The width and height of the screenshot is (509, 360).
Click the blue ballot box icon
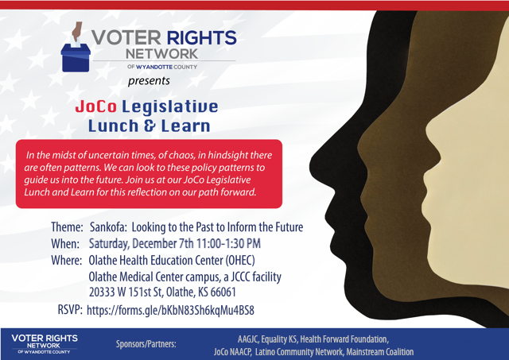click(x=76, y=58)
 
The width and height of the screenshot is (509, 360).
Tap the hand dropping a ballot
click(x=77, y=32)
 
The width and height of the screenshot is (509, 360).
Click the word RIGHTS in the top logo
click(x=201, y=37)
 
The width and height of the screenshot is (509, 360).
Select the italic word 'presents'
click(x=149, y=81)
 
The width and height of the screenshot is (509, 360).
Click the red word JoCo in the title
click(x=95, y=106)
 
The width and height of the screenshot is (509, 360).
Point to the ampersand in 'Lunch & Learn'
click(x=150, y=126)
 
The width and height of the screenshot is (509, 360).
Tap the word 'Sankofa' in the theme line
click(x=108, y=227)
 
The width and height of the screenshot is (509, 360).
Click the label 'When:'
click(x=65, y=243)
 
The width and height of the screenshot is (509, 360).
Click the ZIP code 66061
click(x=223, y=292)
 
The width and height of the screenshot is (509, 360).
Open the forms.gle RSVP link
click(x=170, y=311)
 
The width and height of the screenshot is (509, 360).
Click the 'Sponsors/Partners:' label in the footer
click(x=146, y=344)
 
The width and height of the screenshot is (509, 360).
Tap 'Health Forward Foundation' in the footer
click(x=344, y=339)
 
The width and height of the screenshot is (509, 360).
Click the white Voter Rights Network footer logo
click(x=45, y=344)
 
